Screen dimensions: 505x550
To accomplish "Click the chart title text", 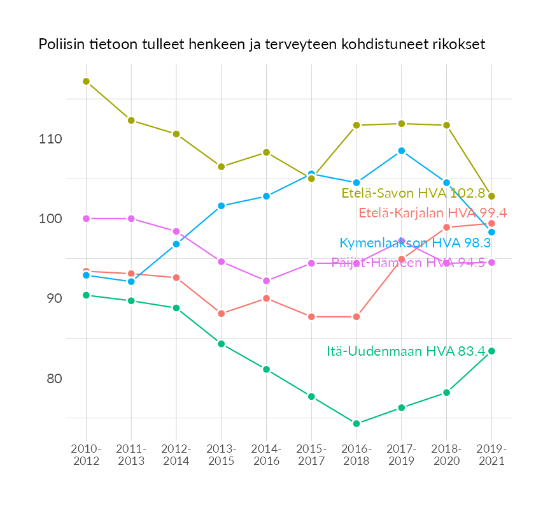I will [262, 45].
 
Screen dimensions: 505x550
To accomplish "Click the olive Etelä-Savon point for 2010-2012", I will [86, 82].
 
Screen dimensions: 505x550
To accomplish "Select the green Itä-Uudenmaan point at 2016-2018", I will [356, 423].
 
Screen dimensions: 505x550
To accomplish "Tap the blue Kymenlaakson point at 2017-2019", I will [402, 150].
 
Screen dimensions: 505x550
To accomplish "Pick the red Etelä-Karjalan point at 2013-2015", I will [222, 314].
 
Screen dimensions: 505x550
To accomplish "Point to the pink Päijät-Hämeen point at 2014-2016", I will [266, 281].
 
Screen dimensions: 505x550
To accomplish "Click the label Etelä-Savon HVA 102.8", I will [418, 193].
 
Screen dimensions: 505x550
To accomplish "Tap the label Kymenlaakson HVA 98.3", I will [415, 243].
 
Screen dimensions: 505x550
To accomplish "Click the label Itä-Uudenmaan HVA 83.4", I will [406, 351].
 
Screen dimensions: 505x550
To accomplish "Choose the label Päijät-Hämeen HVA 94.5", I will [408, 263].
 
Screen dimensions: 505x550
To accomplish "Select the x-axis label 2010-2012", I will [87, 455].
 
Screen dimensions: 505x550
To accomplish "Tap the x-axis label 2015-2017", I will [311, 455].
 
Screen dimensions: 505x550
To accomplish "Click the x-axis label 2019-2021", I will [491, 455].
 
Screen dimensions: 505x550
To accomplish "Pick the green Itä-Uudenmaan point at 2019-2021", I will [491, 351].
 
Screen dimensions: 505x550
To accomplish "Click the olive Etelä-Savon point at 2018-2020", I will [447, 125].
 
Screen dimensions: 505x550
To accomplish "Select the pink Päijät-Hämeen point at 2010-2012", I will [86, 219].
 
